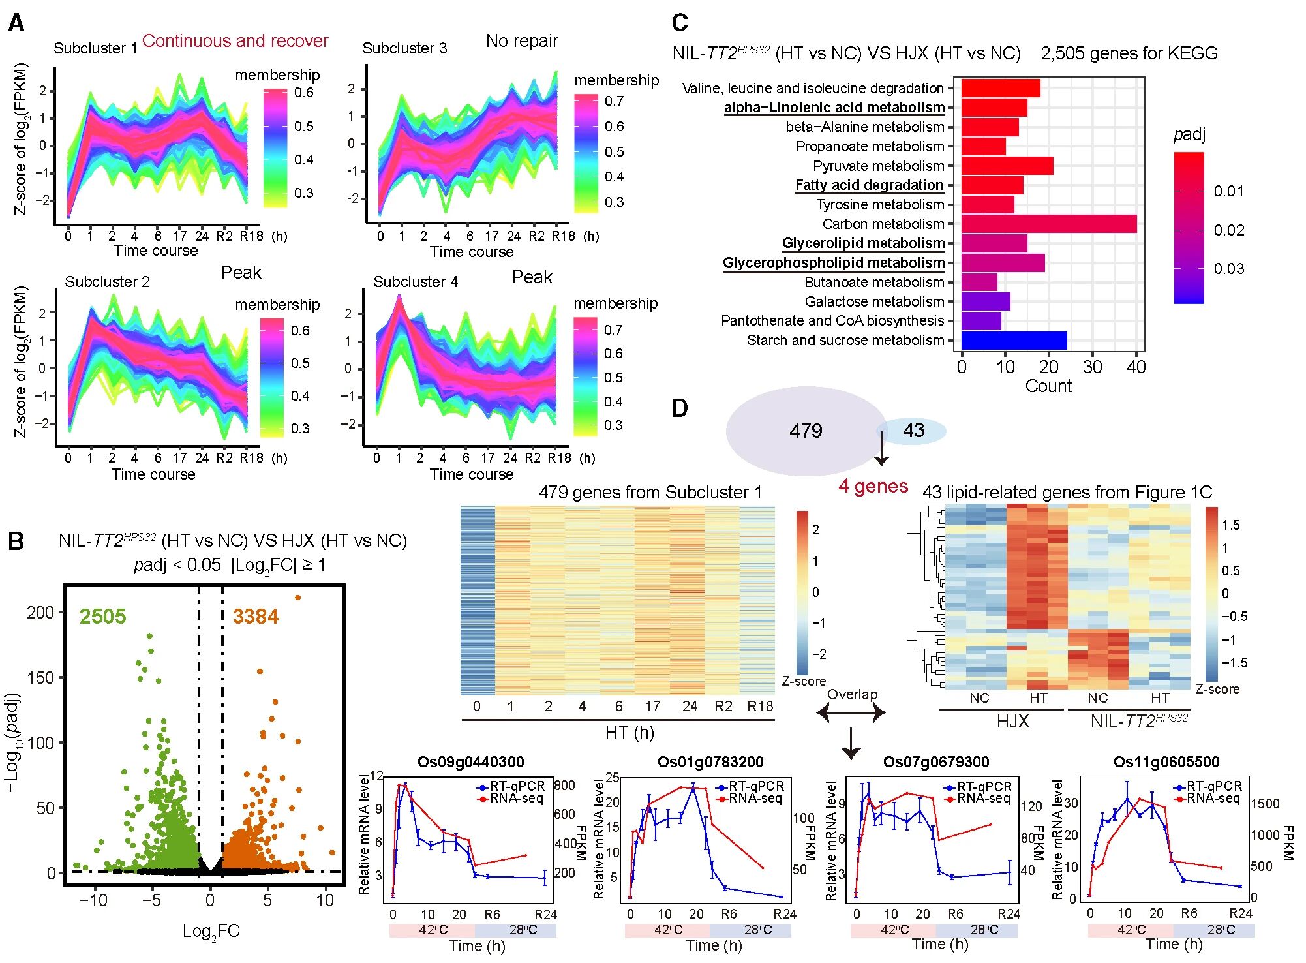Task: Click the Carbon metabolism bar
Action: click(x=1048, y=224)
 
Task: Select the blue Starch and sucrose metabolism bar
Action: click(x=1014, y=341)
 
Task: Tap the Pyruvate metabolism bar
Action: click(x=1007, y=166)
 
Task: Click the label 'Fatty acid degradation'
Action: click(x=869, y=185)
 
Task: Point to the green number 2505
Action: click(x=102, y=617)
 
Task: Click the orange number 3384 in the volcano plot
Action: click(x=255, y=617)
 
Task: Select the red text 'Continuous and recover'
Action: click(x=235, y=41)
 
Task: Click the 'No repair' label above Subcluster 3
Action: click(x=522, y=41)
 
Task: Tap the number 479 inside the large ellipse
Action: click(x=806, y=431)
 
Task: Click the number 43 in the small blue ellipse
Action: click(x=913, y=430)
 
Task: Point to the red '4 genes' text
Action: click(x=873, y=486)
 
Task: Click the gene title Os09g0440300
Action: click(x=470, y=762)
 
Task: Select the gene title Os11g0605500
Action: click(x=1166, y=762)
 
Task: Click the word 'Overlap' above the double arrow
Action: click(x=852, y=694)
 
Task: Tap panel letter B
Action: click(x=16, y=542)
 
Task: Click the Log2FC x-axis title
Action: click(x=211, y=931)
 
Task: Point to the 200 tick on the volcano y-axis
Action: click(x=40, y=613)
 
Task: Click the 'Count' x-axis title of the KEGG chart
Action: click(x=1048, y=386)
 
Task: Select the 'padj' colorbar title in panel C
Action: click(x=1189, y=135)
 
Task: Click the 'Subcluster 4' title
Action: click(x=416, y=282)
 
